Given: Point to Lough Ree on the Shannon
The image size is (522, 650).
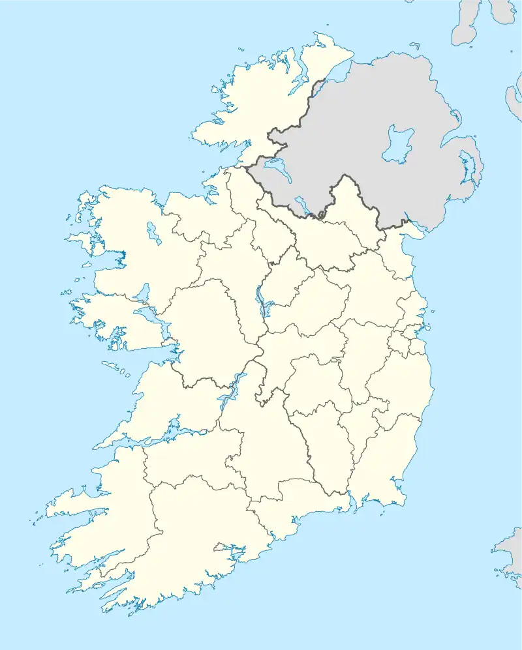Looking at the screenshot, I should click(x=263, y=300).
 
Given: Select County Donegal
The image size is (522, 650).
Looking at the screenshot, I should click(x=261, y=104).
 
